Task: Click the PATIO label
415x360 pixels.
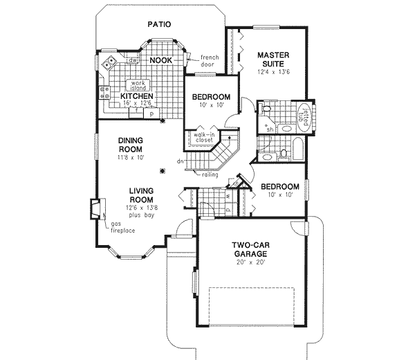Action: click(159, 24)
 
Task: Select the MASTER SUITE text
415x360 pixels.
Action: click(273, 60)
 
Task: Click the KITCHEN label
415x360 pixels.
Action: click(136, 96)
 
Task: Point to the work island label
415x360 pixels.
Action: click(136, 85)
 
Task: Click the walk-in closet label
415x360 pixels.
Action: click(204, 138)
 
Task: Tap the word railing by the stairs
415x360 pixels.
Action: click(211, 174)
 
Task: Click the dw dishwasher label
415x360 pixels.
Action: click(131, 61)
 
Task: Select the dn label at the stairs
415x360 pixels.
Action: click(179, 162)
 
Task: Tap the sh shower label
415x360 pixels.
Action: click(270, 128)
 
